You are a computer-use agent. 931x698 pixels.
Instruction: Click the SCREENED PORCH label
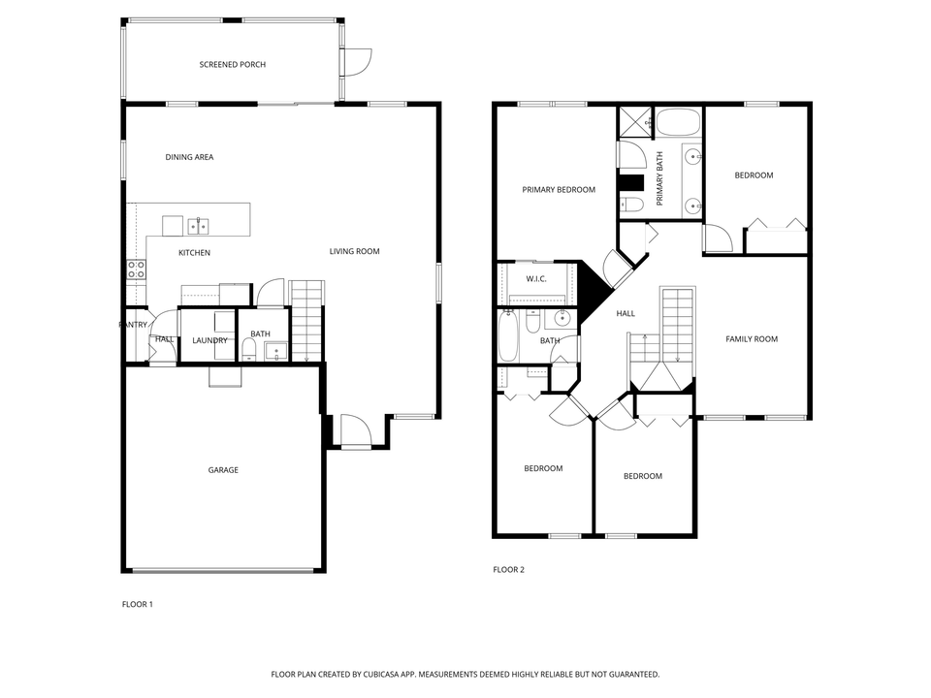(x=232, y=65)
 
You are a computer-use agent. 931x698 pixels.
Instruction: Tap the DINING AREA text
(x=189, y=157)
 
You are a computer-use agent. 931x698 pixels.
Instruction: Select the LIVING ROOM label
(x=354, y=252)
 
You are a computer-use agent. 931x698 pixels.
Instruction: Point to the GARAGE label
(x=223, y=470)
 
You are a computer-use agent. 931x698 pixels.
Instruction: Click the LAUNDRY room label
(x=209, y=340)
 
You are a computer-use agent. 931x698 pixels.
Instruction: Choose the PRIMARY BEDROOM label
(x=559, y=190)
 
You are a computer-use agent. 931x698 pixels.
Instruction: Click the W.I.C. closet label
(x=536, y=279)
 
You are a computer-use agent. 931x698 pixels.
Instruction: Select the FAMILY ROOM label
(x=752, y=339)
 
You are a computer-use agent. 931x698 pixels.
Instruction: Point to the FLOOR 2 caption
(x=508, y=570)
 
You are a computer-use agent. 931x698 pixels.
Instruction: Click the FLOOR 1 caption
(x=137, y=604)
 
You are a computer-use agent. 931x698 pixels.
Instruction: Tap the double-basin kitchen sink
(x=198, y=226)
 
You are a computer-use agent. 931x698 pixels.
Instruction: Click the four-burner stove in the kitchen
(x=136, y=269)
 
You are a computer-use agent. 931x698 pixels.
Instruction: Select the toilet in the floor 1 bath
(x=249, y=348)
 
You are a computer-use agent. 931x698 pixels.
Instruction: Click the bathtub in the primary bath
(x=678, y=123)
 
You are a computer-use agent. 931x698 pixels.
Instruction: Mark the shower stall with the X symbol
(x=636, y=122)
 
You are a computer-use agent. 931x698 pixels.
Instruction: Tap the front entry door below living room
(x=353, y=429)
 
